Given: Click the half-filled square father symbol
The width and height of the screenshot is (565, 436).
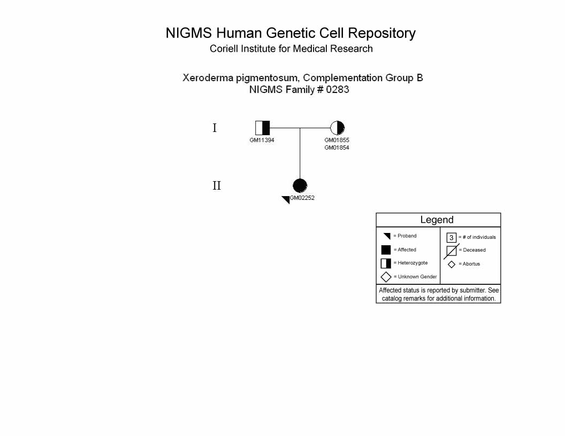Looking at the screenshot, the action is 262,128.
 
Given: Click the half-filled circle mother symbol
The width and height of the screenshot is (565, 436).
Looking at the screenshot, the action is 337,128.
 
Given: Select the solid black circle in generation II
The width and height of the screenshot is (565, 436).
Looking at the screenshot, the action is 300,185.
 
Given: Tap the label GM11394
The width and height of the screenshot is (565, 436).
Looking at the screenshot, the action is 262,141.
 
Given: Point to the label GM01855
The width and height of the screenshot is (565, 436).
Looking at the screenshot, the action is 337,141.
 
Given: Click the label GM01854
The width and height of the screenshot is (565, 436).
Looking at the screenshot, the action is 337,147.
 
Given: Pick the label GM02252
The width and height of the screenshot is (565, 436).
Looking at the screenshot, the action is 302,198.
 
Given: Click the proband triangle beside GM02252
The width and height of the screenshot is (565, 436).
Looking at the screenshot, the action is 286,199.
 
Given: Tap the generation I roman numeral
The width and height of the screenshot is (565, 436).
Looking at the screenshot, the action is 215,128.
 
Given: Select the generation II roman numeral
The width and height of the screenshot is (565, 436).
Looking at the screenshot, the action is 217,185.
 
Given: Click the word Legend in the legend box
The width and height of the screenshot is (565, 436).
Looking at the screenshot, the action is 437,220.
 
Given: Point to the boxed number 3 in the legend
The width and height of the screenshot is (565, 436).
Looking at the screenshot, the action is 452,238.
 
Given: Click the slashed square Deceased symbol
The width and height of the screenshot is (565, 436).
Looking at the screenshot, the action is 452,251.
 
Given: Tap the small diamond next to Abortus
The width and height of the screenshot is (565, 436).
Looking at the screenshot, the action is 452,264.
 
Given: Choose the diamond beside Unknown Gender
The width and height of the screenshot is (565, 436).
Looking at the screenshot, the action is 386,277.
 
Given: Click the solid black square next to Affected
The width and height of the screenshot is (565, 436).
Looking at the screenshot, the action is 386,250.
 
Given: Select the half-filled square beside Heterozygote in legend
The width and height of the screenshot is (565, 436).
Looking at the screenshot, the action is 386,263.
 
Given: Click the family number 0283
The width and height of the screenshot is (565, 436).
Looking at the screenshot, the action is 338,90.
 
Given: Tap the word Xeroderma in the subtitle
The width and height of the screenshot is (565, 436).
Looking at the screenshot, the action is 208,78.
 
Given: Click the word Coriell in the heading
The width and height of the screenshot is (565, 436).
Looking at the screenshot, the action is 224,49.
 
